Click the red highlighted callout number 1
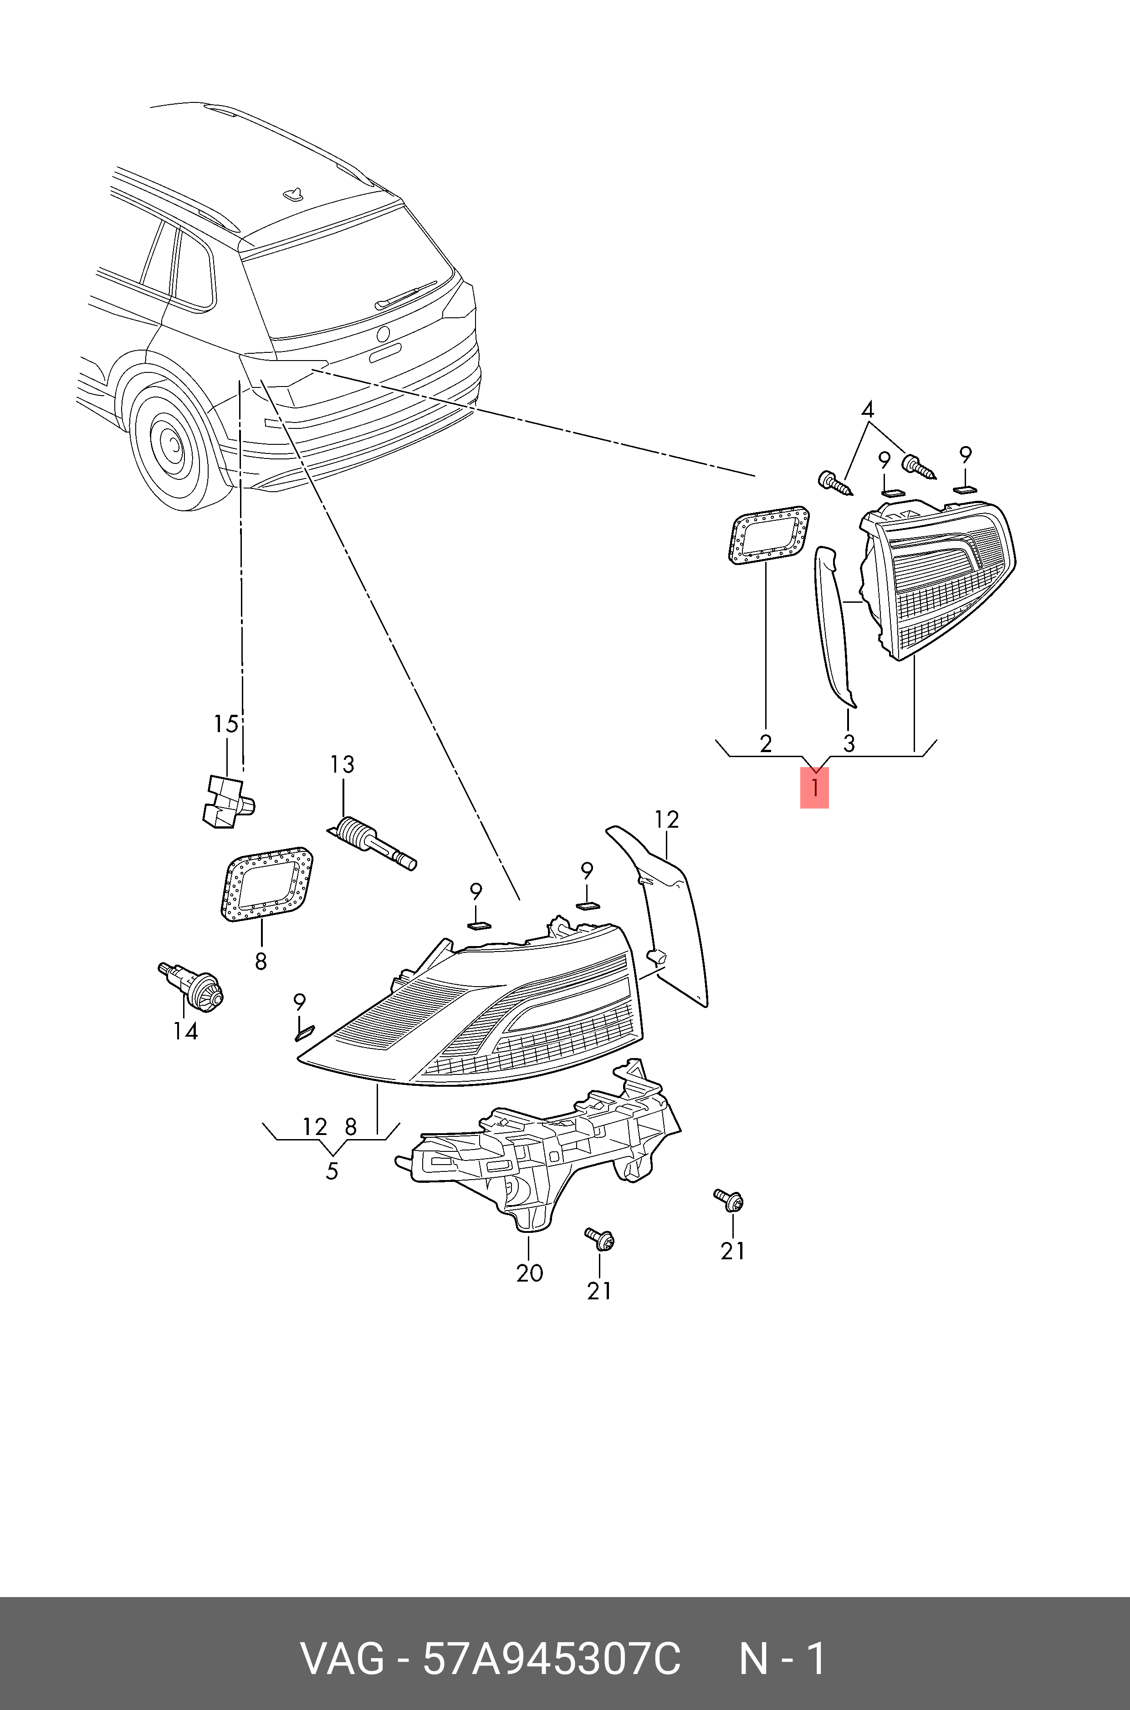tap(814, 788)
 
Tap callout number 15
tap(225, 724)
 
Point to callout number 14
tap(185, 1032)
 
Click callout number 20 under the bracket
tap(529, 1273)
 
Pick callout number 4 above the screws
tap(868, 410)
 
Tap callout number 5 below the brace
tap(332, 1171)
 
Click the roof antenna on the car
tap(293, 192)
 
